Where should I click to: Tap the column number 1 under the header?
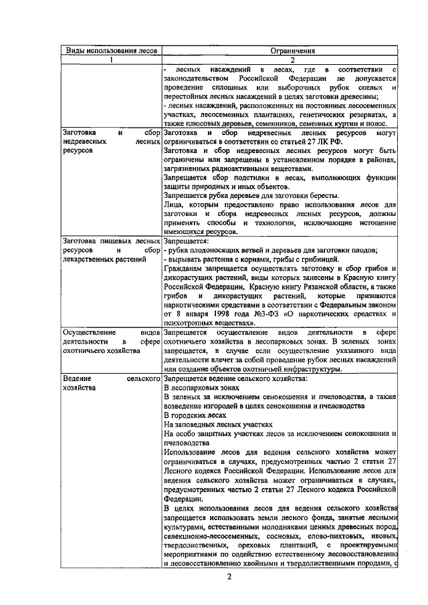[110, 59]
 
